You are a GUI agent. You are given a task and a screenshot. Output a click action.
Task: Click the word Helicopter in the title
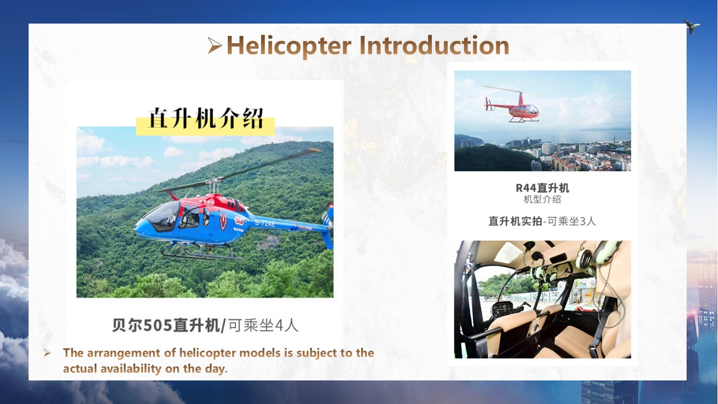[x=289, y=45]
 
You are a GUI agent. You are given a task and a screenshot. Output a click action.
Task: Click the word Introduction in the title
[x=434, y=45]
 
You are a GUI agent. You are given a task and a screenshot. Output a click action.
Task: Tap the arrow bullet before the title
[x=214, y=45]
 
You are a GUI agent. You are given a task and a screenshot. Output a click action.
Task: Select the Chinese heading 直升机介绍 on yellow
[x=206, y=118]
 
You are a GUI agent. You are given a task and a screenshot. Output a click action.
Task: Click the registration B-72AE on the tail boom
[x=265, y=223]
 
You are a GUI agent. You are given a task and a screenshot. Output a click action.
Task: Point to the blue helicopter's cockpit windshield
[x=163, y=215]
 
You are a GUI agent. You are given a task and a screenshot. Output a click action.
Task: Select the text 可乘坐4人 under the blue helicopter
[x=264, y=325]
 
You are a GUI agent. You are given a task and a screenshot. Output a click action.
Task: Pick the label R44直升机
[x=542, y=188]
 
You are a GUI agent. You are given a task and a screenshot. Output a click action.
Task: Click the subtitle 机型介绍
[x=542, y=199]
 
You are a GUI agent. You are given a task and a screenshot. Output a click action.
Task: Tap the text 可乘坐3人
[x=572, y=221]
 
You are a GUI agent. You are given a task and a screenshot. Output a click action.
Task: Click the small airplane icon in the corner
[x=691, y=26]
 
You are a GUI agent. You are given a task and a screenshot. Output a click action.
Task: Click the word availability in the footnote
[x=131, y=369]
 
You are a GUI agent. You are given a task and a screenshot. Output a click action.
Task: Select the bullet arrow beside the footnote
[x=47, y=353]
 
